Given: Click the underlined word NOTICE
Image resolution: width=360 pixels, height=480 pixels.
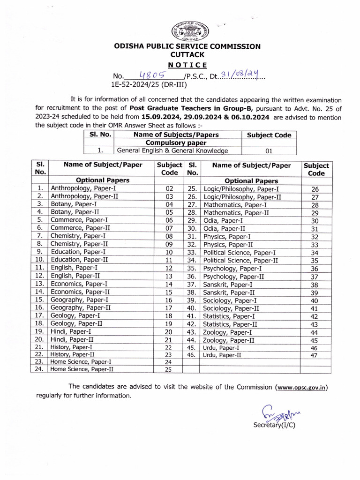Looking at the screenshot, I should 187,65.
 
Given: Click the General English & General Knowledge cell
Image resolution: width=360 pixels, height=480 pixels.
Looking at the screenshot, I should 172,150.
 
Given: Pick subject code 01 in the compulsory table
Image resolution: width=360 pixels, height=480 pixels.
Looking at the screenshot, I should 269,151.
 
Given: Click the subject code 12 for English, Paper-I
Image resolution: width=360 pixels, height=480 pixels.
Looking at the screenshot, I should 169,268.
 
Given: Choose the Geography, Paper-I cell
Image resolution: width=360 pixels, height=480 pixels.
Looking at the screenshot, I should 80,300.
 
